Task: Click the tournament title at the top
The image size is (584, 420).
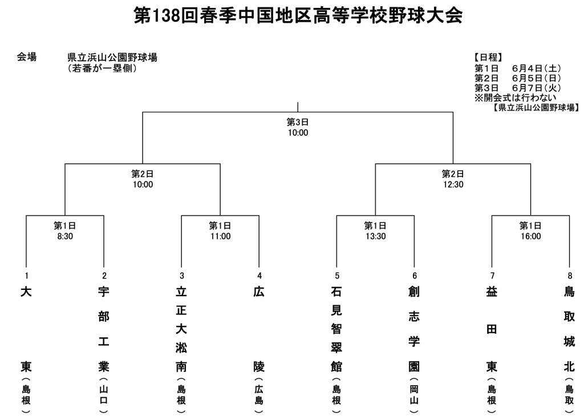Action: tap(298, 15)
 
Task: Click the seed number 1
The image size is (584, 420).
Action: tap(26, 276)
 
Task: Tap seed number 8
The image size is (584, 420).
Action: tap(570, 276)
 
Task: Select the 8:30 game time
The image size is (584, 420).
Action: tap(65, 236)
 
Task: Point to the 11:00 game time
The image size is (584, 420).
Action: tap(221, 236)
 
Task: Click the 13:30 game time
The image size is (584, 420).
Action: tap(376, 236)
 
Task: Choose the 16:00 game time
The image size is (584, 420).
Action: tap(531, 236)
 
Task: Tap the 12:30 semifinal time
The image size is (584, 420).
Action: tap(453, 184)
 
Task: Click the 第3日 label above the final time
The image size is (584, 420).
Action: tap(298, 122)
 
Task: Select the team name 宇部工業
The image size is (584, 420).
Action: tap(104, 329)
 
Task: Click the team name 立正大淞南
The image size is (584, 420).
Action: tap(181, 329)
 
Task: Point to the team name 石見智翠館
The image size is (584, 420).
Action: tap(336, 329)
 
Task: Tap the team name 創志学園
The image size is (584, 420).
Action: tap(414, 329)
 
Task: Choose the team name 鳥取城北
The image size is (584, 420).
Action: tap(570, 329)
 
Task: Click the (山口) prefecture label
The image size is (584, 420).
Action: tap(104, 395)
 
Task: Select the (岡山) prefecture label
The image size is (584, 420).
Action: tap(414, 395)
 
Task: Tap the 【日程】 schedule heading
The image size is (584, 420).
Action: tap(488, 58)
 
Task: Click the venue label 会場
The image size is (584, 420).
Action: tap(27, 57)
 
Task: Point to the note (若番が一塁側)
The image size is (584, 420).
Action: tap(103, 68)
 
